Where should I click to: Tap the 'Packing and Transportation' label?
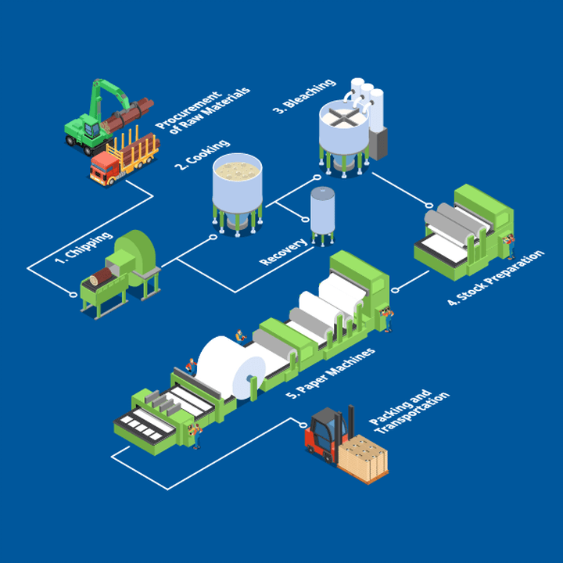pos(411,413)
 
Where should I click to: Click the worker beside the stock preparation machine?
pos(511,245)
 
